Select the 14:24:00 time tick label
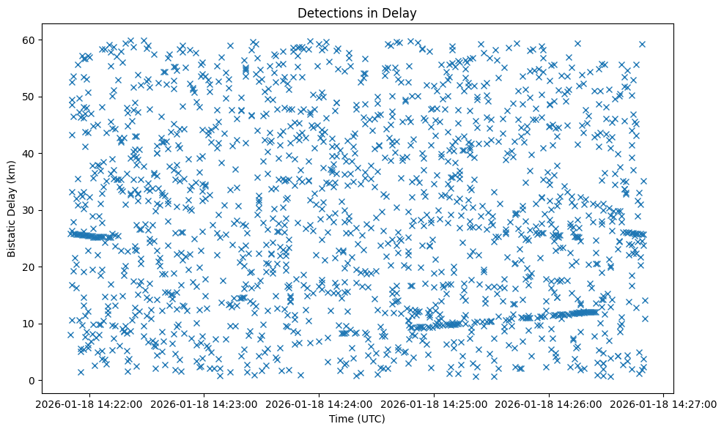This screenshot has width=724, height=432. [x=319, y=403]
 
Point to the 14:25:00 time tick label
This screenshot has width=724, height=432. [x=434, y=403]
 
